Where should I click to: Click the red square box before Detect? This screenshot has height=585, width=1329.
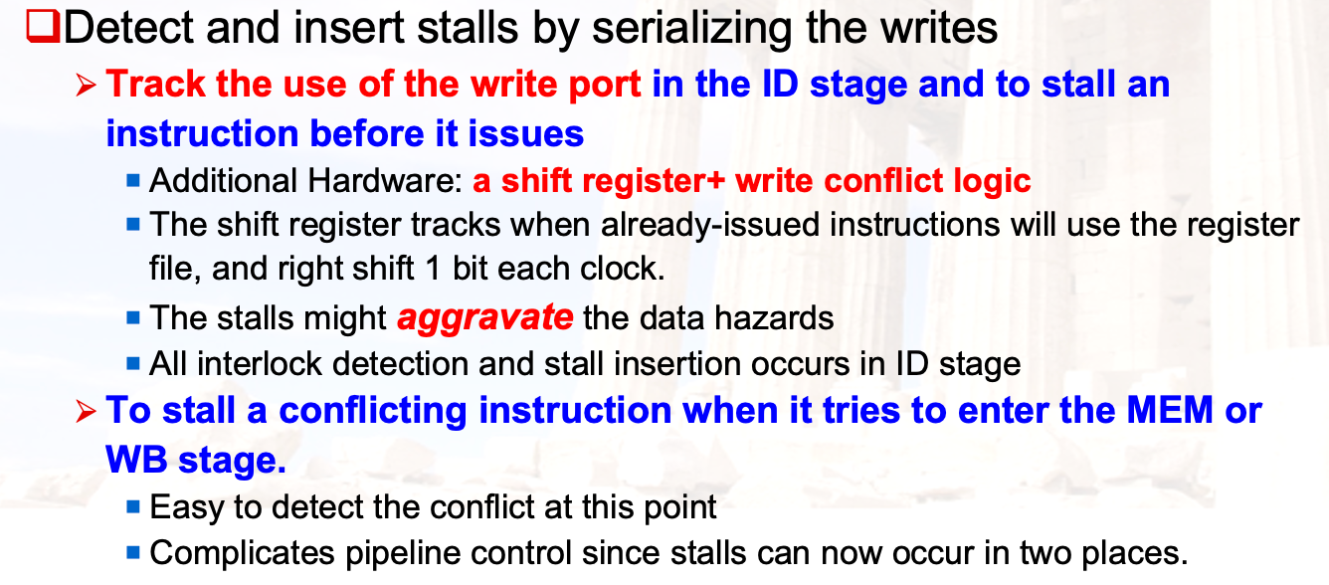tap(44, 27)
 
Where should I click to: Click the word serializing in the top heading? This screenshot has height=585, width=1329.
tap(692, 29)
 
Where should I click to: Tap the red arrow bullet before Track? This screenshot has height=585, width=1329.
tap(86, 86)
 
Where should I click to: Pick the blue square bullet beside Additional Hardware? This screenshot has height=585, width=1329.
tap(133, 180)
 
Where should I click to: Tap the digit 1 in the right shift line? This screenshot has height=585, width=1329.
tap(433, 269)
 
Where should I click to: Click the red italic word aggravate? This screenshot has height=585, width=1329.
tap(484, 318)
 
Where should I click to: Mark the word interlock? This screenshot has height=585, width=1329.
tap(259, 364)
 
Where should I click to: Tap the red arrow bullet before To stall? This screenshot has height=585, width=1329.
tap(86, 412)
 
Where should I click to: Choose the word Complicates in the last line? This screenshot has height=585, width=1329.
tap(242, 554)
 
